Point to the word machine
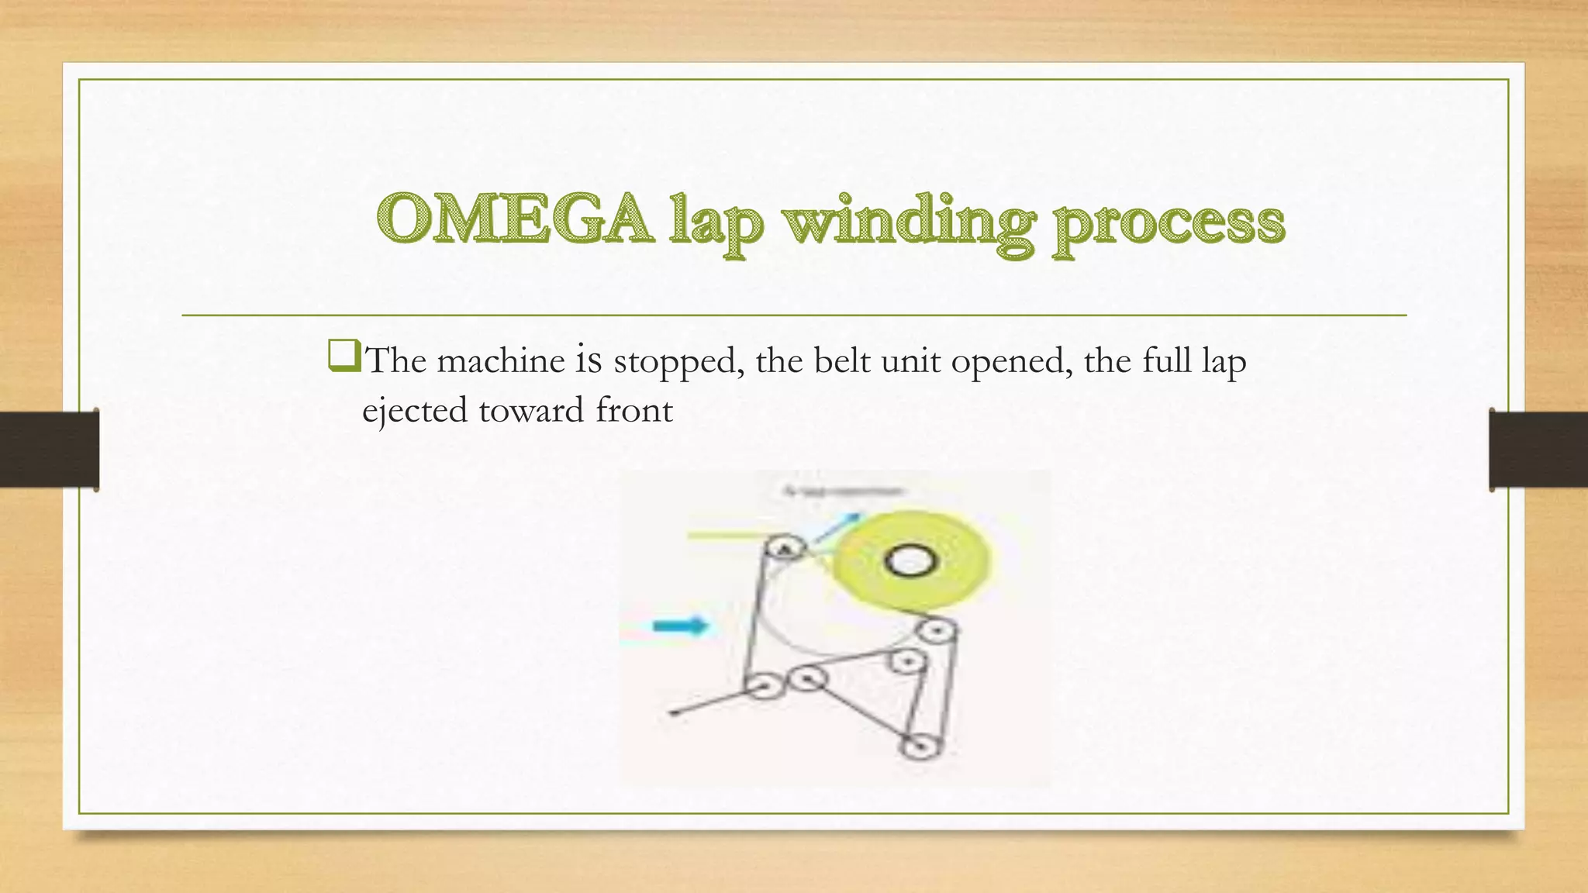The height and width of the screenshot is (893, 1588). [501, 361]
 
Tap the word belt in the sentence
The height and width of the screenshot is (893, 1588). [841, 360]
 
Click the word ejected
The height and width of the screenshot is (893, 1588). [415, 412]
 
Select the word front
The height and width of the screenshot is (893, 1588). [633, 411]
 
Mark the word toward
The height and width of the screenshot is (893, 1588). [531, 411]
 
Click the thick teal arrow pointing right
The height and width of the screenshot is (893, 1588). [680, 626]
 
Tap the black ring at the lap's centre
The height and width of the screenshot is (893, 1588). [910, 561]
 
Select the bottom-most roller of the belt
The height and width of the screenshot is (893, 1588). [920, 747]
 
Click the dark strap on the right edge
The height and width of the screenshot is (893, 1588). [1538, 450]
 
